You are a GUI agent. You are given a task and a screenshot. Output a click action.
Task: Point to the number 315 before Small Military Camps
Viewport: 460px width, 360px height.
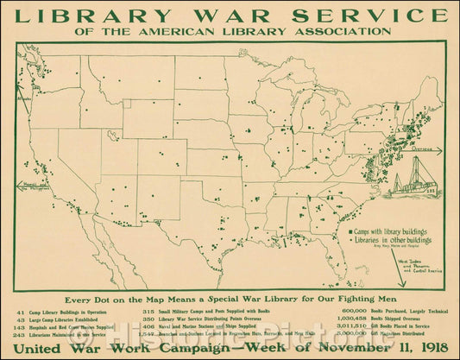148,310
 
